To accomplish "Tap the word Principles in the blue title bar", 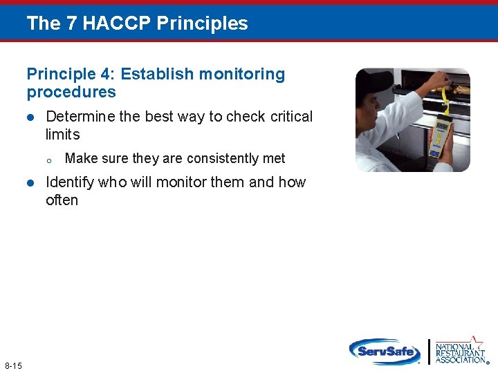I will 202,23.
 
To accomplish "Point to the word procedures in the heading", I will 71,92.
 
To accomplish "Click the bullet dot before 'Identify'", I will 30,183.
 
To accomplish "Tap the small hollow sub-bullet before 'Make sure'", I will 49,160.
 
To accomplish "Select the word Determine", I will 80,117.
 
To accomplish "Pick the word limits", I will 62,135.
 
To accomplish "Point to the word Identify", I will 71,182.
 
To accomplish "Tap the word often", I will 62,200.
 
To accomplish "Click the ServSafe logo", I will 384,352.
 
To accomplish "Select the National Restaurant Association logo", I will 459,351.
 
